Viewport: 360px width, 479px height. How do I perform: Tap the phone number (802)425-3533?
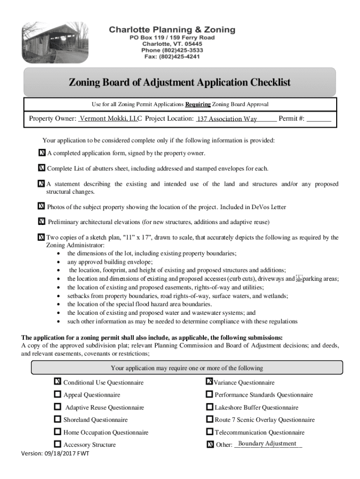tap(172, 50)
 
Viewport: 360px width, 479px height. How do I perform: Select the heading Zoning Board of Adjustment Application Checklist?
tap(180, 83)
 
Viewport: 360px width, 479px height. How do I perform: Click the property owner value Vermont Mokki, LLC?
tap(110, 119)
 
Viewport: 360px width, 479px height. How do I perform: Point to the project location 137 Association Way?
tap(227, 119)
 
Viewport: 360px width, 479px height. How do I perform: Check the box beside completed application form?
tap(42, 153)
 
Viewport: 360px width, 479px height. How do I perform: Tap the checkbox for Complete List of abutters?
tap(41, 168)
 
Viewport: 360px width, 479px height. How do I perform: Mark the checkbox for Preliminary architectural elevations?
tap(42, 221)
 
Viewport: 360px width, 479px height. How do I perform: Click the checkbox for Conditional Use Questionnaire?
tap(58, 382)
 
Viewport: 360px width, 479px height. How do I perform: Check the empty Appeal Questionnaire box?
tap(58, 394)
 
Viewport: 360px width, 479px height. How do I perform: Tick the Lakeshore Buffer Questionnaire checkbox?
tap(209, 407)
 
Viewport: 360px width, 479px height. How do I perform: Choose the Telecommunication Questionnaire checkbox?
tap(209, 432)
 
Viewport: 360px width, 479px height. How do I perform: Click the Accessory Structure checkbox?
tap(58, 444)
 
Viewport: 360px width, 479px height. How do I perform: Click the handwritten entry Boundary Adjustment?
tap(267, 443)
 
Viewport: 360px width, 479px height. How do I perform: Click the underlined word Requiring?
tap(198, 104)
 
